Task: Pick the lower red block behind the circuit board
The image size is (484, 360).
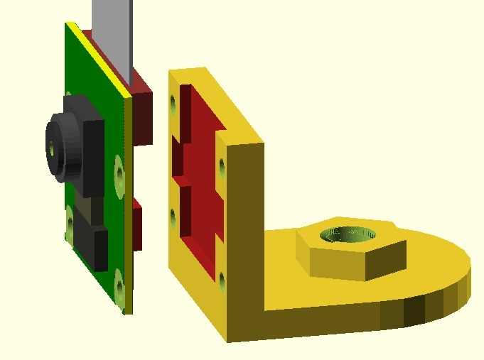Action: click(x=138, y=225)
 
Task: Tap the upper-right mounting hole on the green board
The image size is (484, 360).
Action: click(x=119, y=169)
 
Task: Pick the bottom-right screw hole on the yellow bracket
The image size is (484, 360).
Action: click(x=222, y=282)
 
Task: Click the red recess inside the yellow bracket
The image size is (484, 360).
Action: click(x=203, y=170)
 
